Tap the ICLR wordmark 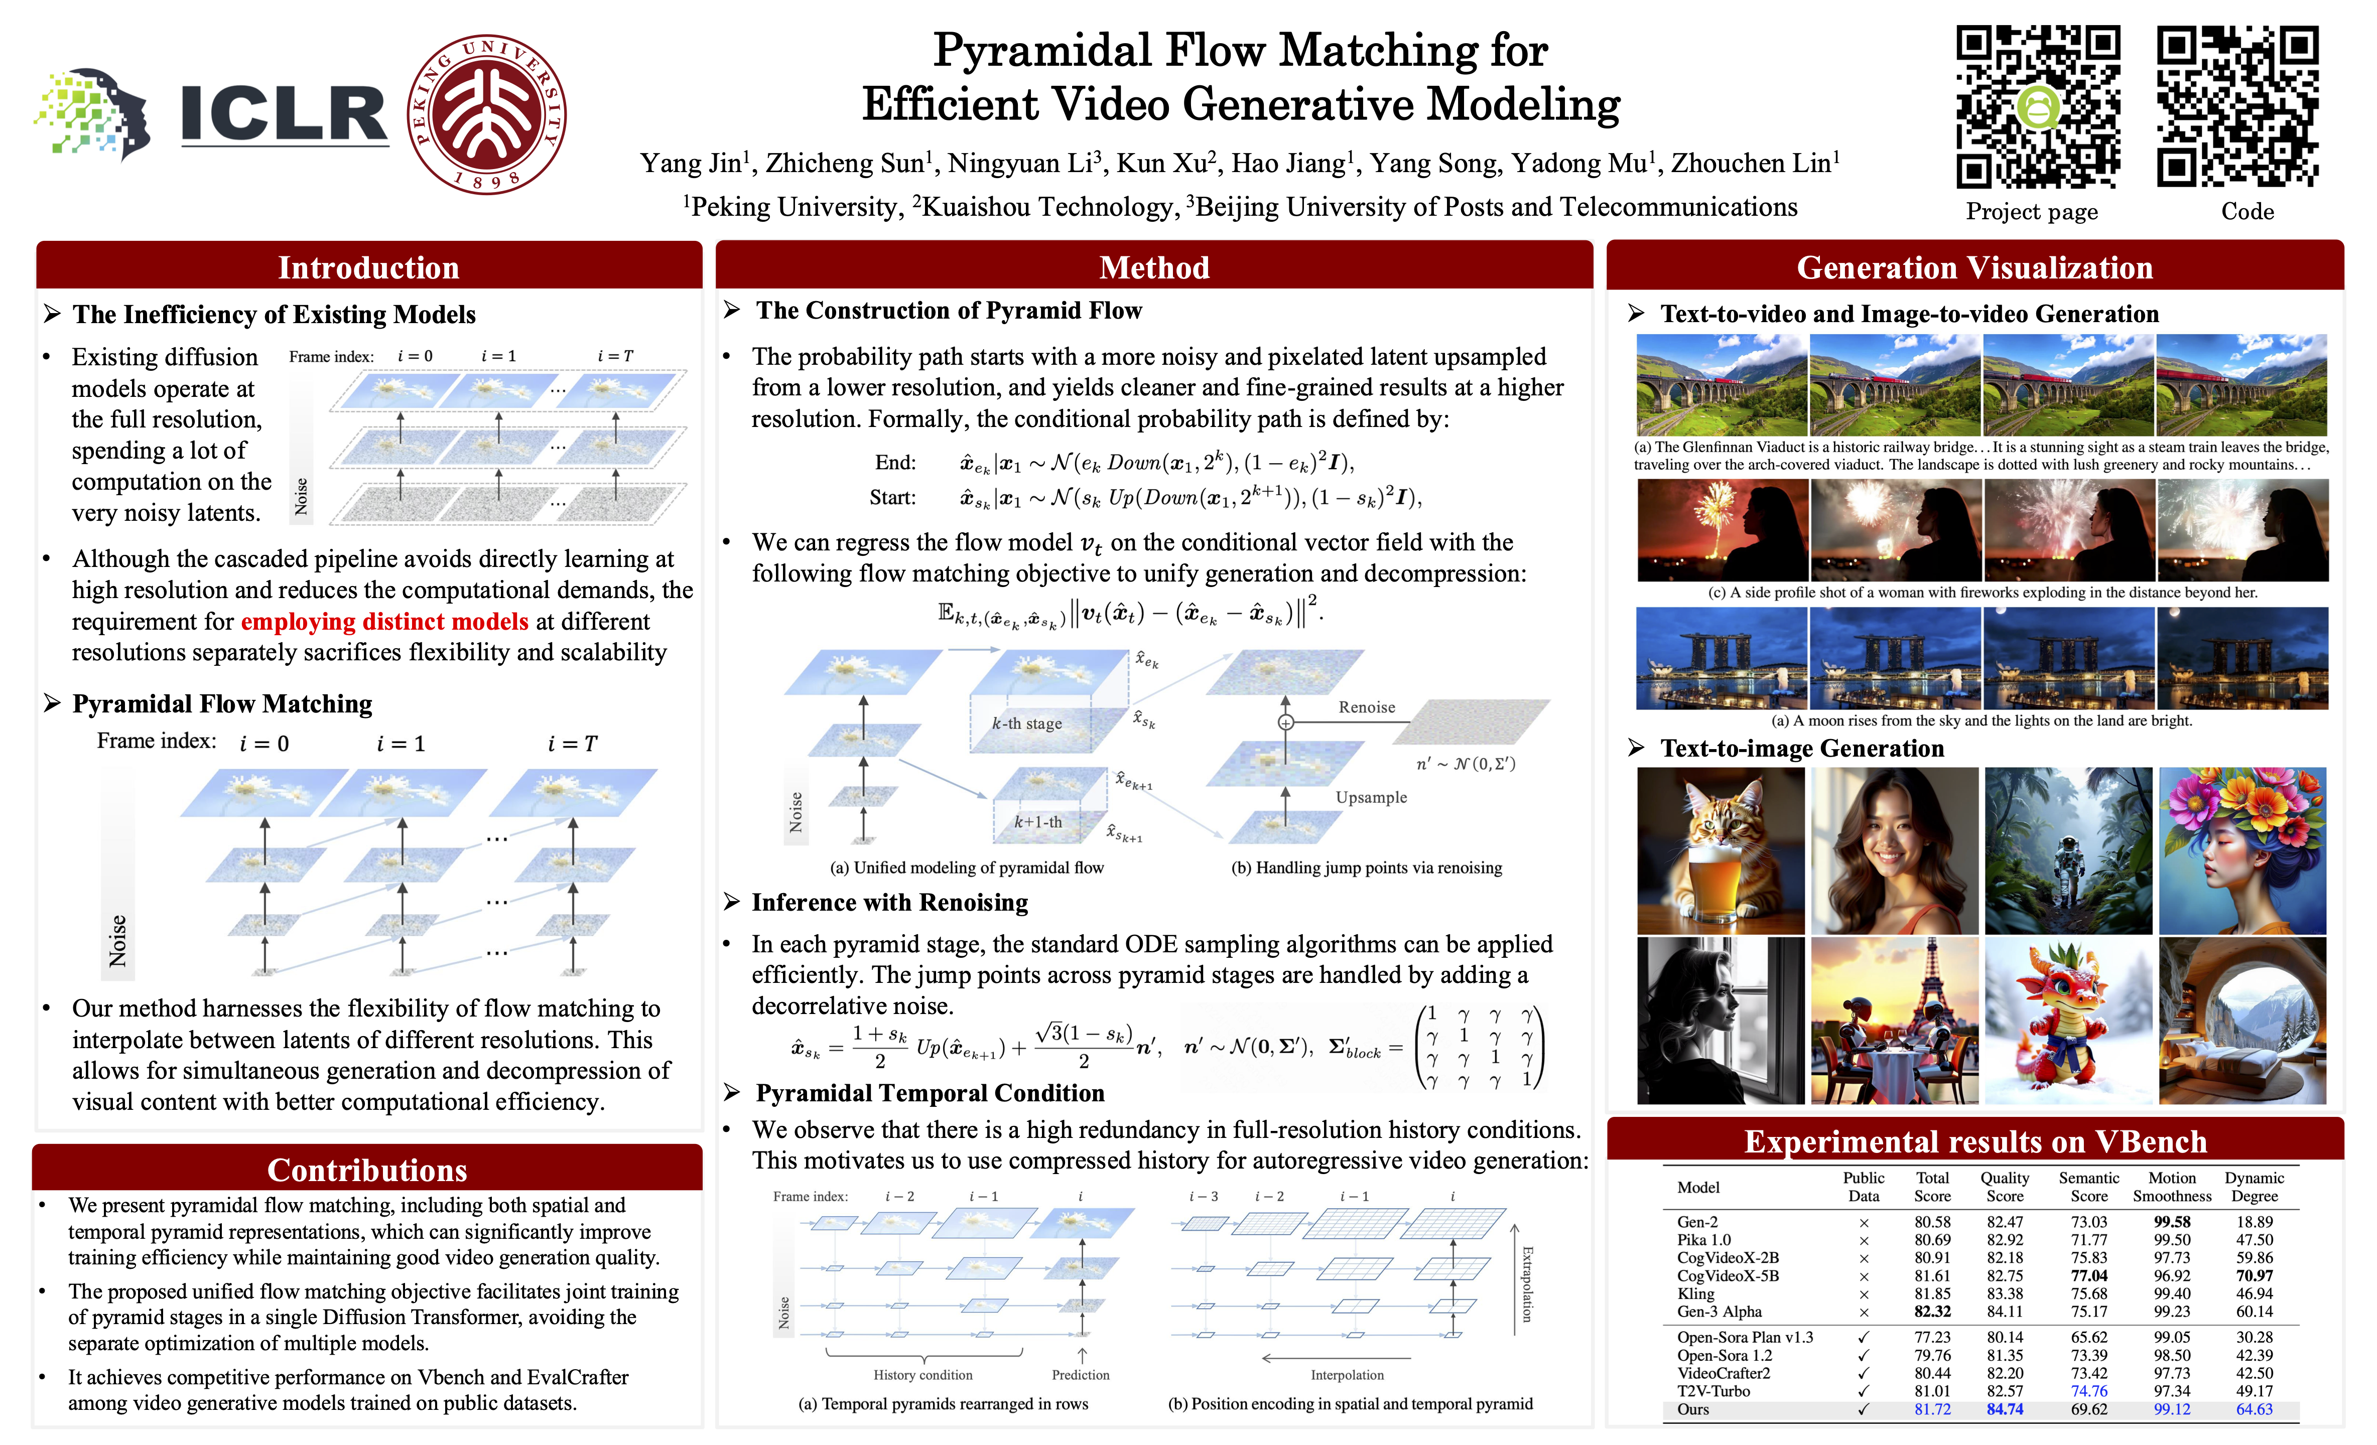pos(285,114)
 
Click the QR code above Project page pos(2037,106)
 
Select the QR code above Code pos(2238,106)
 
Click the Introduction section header pos(368,267)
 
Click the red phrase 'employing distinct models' pos(384,621)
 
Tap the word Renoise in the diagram pos(1366,707)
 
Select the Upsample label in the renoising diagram pos(1371,797)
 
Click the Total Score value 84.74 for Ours pos(2005,1409)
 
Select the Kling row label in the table pos(1696,1293)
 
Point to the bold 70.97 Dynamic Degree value pos(2255,1275)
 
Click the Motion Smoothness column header pos(2172,1187)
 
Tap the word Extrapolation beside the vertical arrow pos(1527,1283)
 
